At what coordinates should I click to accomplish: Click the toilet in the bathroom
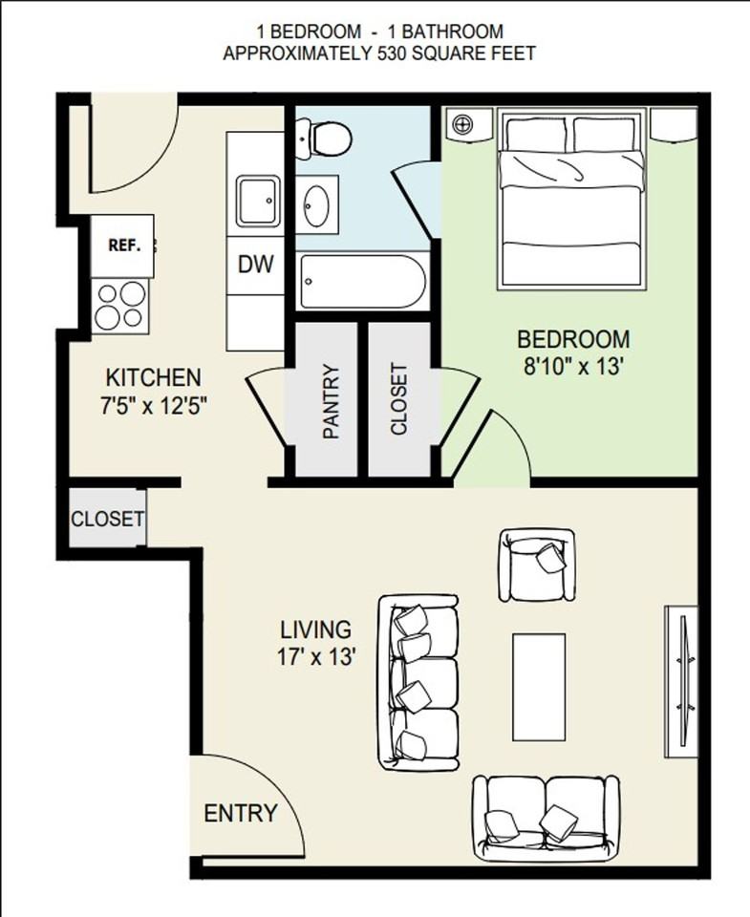click(x=324, y=138)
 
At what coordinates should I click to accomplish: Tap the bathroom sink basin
click(x=316, y=205)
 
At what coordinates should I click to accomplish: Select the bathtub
click(x=361, y=281)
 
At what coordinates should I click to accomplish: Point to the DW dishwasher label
click(x=256, y=265)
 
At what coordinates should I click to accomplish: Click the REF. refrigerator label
click(x=124, y=245)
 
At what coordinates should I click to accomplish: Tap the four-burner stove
click(x=121, y=306)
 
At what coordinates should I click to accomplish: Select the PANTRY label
click(x=332, y=401)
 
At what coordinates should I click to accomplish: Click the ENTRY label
click(x=241, y=813)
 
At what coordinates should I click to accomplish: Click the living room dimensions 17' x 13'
click(x=316, y=657)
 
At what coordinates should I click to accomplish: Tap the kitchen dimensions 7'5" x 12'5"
click(x=155, y=405)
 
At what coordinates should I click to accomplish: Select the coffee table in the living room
click(x=539, y=687)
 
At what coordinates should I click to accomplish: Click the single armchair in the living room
click(x=537, y=565)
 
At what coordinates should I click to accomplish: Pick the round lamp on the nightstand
click(x=462, y=124)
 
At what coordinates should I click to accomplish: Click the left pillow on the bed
click(x=536, y=134)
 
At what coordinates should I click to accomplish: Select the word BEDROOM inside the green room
click(x=573, y=340)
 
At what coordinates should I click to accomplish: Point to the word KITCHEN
click(x=153, y=377)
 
